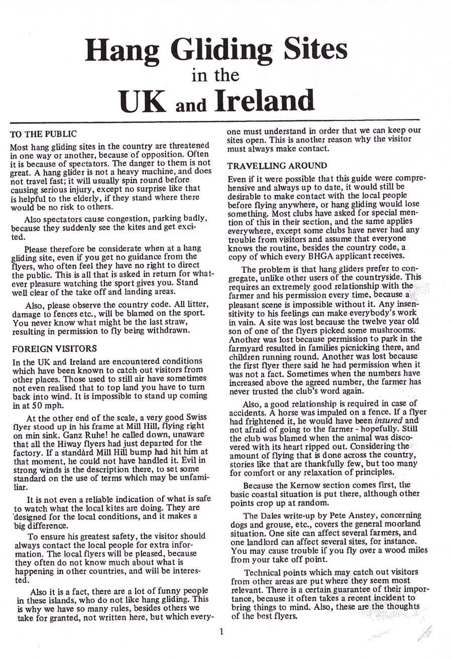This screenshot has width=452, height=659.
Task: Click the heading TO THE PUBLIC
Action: [x=43, y=134]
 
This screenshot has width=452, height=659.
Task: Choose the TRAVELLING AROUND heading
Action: [x=277, y=166]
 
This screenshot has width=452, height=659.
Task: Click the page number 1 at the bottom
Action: [x=221, y=632]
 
